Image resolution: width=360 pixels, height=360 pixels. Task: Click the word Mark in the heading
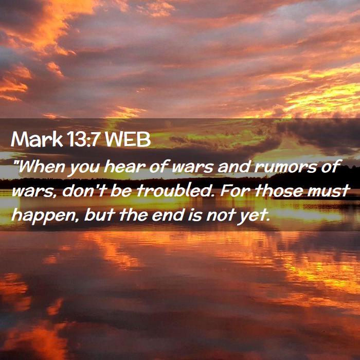click(37, 139)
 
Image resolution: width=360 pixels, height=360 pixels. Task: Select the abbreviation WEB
click(128, 139)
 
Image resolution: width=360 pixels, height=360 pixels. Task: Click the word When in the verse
click(40, 167)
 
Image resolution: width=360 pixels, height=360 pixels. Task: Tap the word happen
click(44, 216)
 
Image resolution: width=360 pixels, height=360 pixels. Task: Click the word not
click(221, 215)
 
